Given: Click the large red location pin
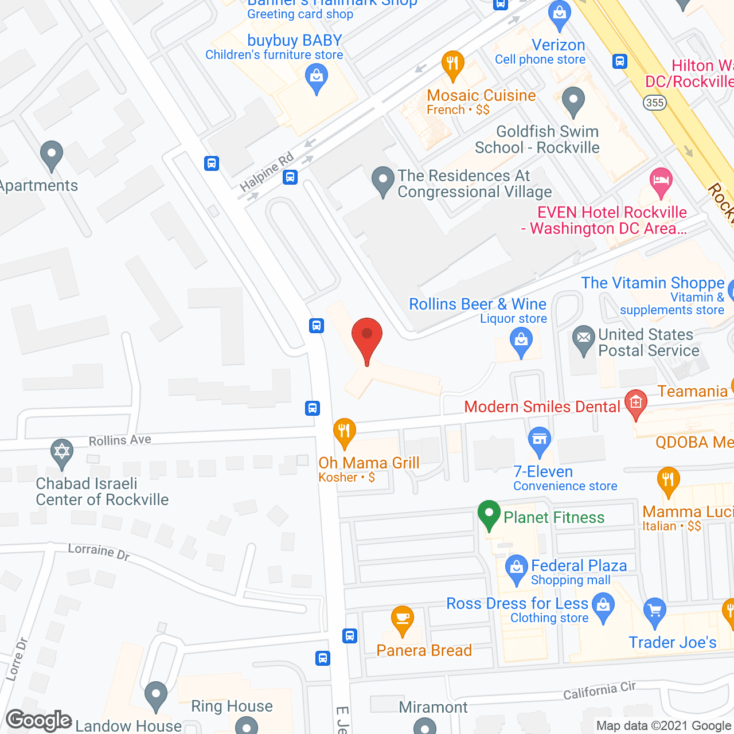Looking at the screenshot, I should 367,338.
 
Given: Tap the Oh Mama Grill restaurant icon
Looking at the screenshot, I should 344,432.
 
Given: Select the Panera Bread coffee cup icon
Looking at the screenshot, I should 403,619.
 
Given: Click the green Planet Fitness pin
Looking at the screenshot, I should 489,514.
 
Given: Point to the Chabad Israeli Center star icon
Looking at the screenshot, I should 61,452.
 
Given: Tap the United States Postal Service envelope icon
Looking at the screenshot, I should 584,339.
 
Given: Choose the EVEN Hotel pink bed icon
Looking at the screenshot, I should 661,181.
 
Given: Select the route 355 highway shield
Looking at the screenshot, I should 654,103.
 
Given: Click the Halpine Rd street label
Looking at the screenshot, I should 267,172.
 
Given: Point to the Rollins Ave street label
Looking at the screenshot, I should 120,440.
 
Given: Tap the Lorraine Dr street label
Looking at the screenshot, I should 99,552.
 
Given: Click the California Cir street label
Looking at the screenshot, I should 599,691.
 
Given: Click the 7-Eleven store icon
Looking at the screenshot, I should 539,440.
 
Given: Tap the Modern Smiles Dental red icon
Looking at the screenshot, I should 636,403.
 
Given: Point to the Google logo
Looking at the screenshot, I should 39,721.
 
